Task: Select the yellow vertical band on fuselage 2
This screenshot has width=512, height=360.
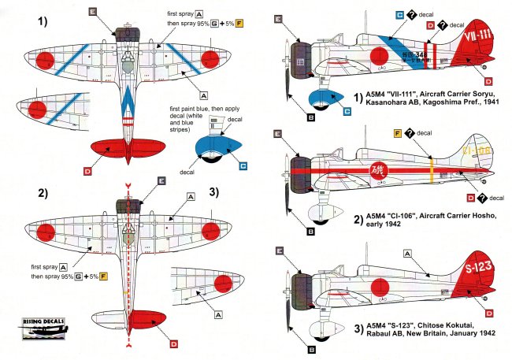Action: (432, 169)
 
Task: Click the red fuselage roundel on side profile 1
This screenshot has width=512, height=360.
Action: (379, 57)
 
